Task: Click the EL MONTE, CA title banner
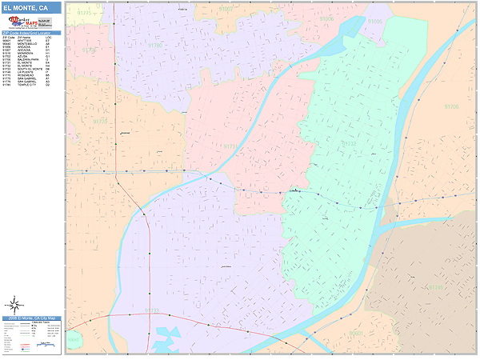[x=30, y=8]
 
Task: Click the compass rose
[x=14, y=304]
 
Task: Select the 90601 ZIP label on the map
[x=357, y=333]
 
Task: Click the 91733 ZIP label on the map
[x=151, y=310]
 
